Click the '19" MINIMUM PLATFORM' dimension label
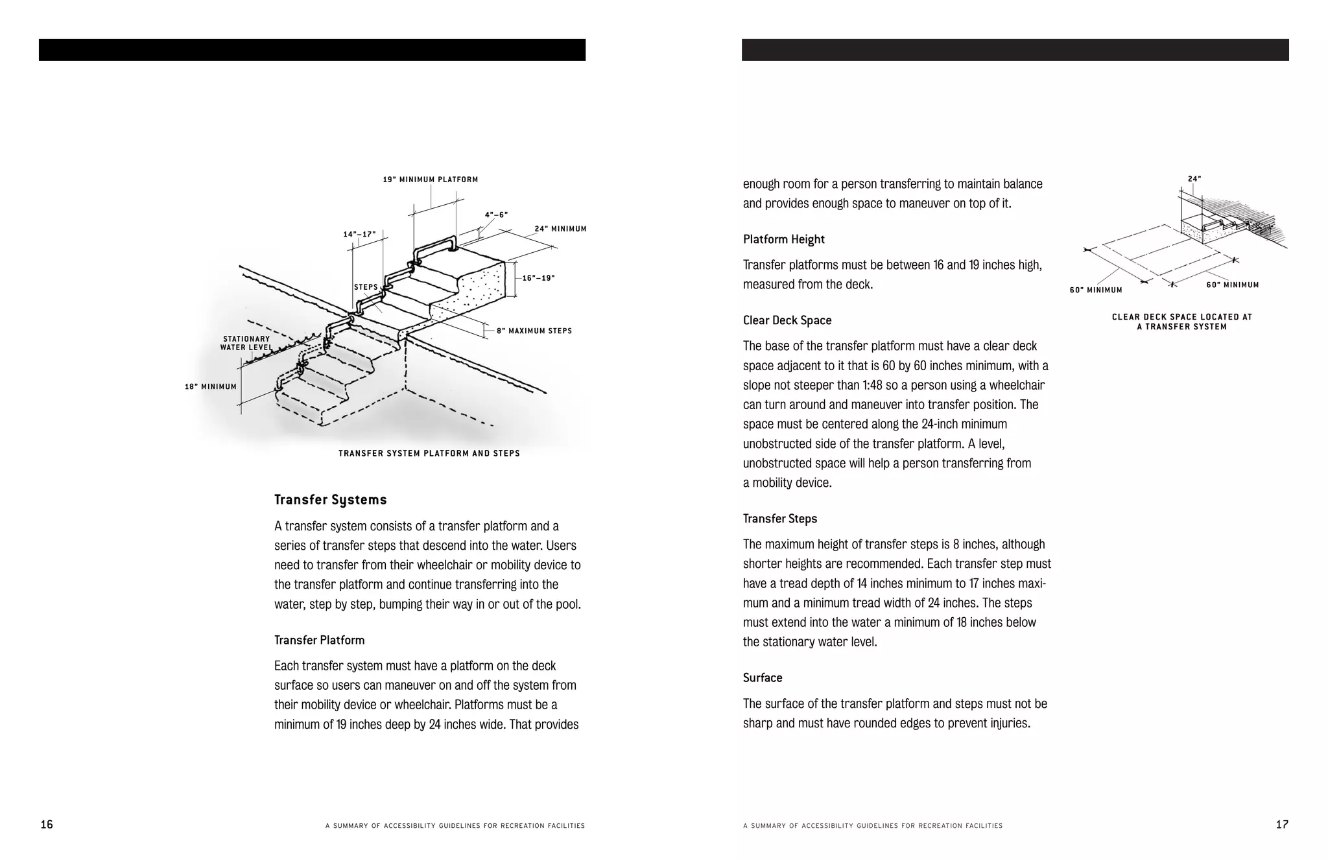click(x=431, y=180)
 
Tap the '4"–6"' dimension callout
click(x=496, y=215)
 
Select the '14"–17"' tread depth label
click(x=359, y=234)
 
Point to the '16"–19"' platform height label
click(x=538, y=278)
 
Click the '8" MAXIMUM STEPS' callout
click(x=534, y=331)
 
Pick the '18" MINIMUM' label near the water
click(x=211, y=386)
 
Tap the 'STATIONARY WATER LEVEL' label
click(x=246, y=343)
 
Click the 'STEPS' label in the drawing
click(x=366, y=287)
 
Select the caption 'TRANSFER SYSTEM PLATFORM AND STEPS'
click(x=429, y=453)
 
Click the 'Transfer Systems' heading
click(x=331, y=500)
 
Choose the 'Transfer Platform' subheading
click(x=320, y=640)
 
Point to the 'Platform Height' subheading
click(x=784, y=239)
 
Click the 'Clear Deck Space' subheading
click(x=787, y=320)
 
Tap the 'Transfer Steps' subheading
click(x=780, y=519)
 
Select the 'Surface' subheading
click(x=763, y=677)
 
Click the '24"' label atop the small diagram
click(x=1194, y=179)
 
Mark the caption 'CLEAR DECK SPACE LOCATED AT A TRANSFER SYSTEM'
click(x=1182, y=322)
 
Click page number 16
click(x=47, y=825)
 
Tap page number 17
click(x=1282, y=825)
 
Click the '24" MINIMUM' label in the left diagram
click(x=560, y=229)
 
